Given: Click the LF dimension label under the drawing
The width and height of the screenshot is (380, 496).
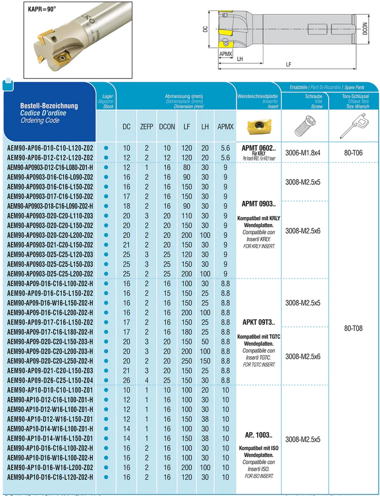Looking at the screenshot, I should [x=289, y=64].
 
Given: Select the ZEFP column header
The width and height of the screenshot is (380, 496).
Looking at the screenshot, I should [x=146, y=127].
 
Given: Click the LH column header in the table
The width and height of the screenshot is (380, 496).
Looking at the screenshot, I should [x=205, y=127].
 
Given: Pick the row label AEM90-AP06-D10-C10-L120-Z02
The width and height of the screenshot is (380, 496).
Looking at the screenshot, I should [x=50, y=148].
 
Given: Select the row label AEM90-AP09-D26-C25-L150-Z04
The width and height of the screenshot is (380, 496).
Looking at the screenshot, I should [x=50, y=380].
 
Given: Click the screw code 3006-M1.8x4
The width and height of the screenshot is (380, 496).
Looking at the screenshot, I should [x=303, y=153].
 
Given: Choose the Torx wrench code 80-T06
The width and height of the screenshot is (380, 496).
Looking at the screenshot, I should [x=353, y=153].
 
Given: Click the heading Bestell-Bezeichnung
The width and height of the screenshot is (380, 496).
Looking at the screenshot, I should [x=49, y=105].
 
